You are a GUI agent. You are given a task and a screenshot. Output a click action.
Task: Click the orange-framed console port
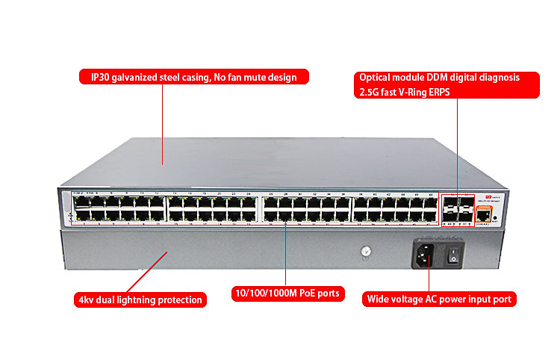(x=484, y=215)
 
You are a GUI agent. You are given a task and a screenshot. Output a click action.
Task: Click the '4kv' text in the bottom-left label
(x=86, y=300)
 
